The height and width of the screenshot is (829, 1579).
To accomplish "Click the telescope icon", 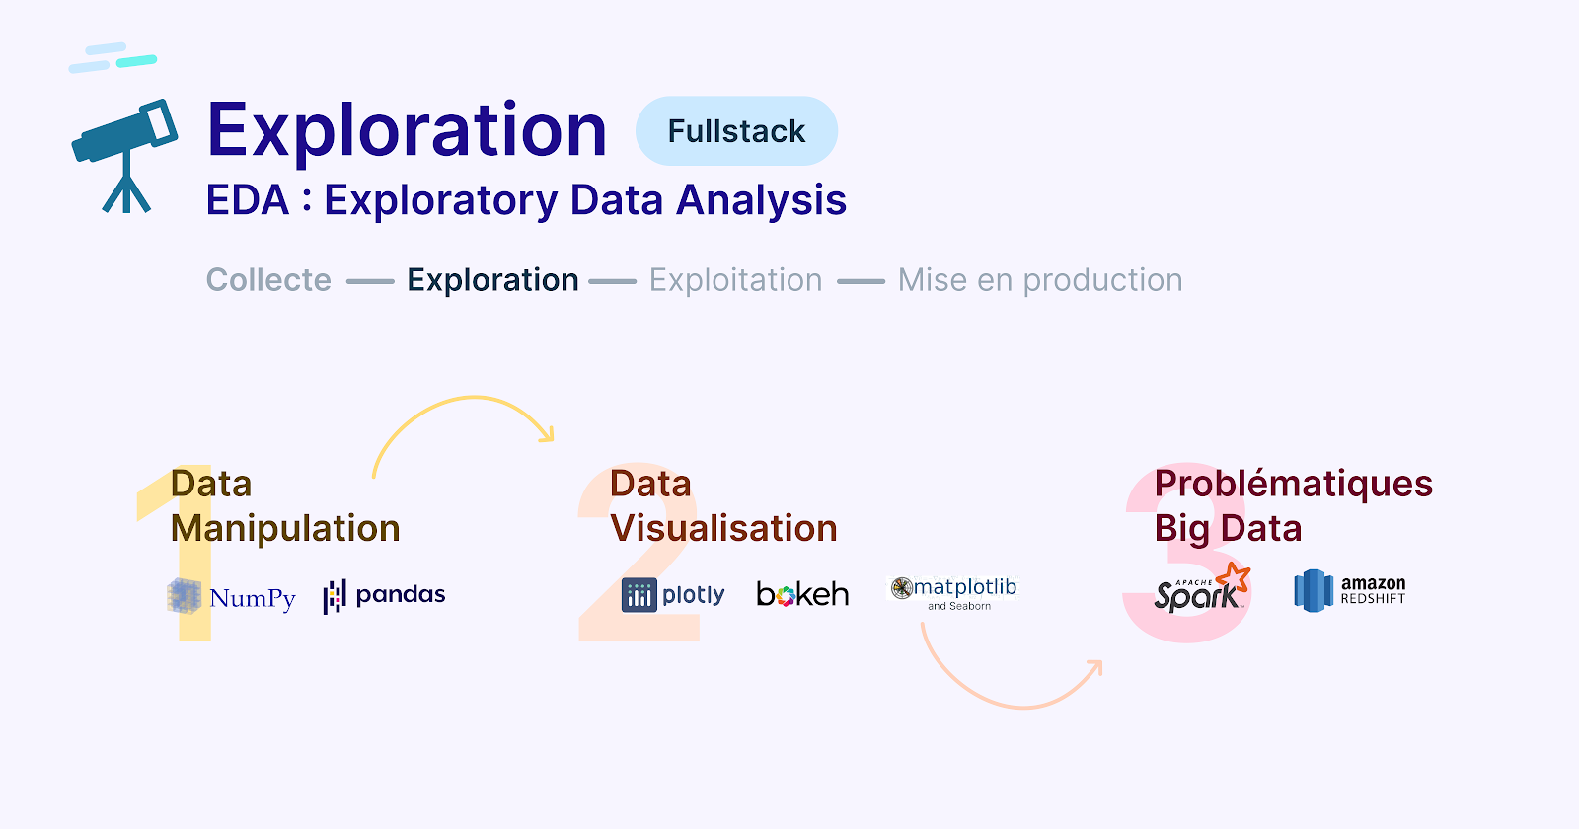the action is pos(125,155).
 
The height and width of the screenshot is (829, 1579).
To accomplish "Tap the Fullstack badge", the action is pos(736,131).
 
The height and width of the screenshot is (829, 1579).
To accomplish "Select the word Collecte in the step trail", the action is pos(268,280).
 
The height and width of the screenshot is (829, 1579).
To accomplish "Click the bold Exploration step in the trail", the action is pos(492,280).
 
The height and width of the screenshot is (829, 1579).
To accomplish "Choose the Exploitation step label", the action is pos(735,280).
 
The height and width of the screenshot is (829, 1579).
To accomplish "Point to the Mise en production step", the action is pos(1040,280).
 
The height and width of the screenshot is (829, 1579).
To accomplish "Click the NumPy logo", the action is pos(231,596).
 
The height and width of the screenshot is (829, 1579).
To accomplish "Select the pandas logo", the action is pos(384,596).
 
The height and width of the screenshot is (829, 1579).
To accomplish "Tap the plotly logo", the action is pos(673,595).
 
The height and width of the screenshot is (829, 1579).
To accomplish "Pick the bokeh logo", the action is pos(802,594).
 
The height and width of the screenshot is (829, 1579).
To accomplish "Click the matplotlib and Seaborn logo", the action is pos(953,593).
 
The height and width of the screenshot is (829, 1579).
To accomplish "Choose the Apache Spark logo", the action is pos(1202,588).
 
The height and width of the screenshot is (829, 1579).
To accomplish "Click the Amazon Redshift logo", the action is pos(1350,591).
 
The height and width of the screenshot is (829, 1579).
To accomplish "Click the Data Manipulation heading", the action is pos(285,505).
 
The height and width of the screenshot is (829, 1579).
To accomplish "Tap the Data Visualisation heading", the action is pos(723,505).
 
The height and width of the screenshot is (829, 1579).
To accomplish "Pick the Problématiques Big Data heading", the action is pos(1293,505).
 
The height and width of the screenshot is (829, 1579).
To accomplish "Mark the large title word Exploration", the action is pos(407,129).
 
